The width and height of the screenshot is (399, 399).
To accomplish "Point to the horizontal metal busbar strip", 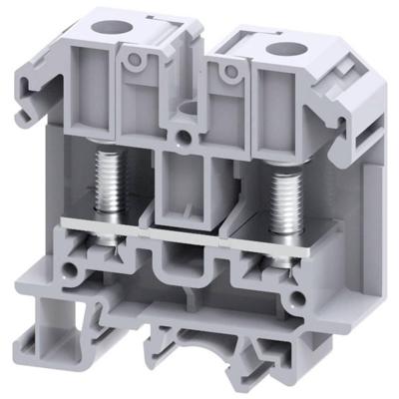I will point(199,221).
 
